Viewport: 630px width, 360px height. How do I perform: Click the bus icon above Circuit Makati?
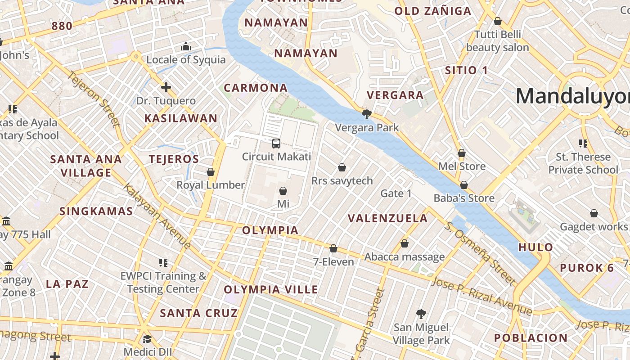[x=276, y=144]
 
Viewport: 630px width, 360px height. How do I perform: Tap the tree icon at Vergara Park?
[x=367, y=114]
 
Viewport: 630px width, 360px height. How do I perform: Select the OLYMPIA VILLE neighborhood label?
[x=271, y=289]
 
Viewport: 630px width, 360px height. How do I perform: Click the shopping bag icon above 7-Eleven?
[x=333, y=248]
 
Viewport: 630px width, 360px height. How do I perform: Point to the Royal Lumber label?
[x=211, y=185]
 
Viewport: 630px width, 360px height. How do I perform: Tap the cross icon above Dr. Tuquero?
[x=166, y=87]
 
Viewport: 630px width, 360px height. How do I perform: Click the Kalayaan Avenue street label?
[x=157, y=216]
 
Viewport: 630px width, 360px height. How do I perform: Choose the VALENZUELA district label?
[x=388, y=218]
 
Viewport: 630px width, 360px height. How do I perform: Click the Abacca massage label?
[x=405, y=257]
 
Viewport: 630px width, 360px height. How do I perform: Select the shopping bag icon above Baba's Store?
[x=464, y=185]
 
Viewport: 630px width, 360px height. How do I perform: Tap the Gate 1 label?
[x=396, y=193]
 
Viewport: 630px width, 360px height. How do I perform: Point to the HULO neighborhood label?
[x=535, y=247]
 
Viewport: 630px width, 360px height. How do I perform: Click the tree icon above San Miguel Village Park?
[x=421, y=314]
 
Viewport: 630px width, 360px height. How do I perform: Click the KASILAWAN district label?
[x=181, y=118]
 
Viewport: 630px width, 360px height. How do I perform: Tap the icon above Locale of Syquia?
[x=186, y=46]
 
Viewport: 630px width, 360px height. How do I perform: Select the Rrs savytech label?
[x=342, y=181]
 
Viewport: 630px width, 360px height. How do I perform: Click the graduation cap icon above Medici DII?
[x=148, y=339]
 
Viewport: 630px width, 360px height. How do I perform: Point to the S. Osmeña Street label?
[x=480, y=253]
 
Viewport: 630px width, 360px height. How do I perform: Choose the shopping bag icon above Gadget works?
[x=594, y=213]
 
